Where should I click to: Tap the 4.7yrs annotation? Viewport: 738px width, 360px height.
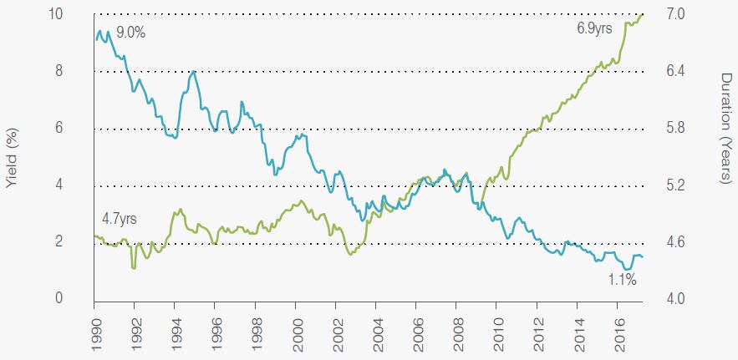(x=119, y=218)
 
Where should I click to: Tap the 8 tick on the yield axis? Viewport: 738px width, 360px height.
(x=59, y=71)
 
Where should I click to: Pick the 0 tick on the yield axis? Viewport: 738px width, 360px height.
(x=59, y=298)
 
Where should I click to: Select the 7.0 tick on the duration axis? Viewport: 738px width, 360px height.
(x=676, y=14)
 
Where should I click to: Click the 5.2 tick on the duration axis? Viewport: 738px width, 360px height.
(x=676, y=185)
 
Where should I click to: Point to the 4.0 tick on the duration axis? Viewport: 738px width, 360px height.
(x=676, y=298)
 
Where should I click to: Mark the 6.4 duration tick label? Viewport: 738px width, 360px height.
(x=676, y=71)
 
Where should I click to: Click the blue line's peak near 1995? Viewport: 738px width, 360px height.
(x=194, y=72)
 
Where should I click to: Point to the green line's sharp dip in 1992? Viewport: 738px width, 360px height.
(x=134, y=267)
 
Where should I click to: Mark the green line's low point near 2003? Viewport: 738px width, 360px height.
(x=350, y=253)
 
